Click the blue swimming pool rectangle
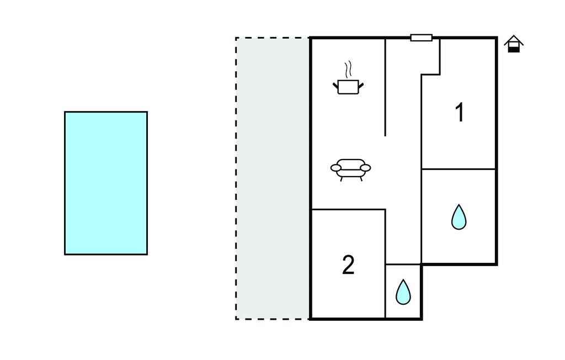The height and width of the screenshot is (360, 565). pyautogui.click(x=106, y=183)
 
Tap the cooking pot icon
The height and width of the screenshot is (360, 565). pyautogui.click(x=348, y=87)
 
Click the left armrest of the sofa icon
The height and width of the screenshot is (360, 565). pyautogui.click(x=335, y=167)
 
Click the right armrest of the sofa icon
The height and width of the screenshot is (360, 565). pyautogui.click(x=365, y=167)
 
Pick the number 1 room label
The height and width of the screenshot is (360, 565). pyautogui.click(x=459, y=113)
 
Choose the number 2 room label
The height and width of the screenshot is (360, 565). pyautogui.click(x=348, y=265)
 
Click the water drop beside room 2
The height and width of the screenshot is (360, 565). pyautogui.click(x=403, y=292)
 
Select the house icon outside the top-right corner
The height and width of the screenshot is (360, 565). pyautogui.click(x=514, y=44)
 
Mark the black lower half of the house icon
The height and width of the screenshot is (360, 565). pyautogui.click(x=514, y=49)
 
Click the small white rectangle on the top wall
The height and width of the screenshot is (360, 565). pyautogui.click(x=421, y=38)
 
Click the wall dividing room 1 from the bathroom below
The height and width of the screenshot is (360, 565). pyautogui.click(x=459, y=169)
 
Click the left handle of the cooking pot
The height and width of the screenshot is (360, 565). pyautogui.click(x=335, y=84)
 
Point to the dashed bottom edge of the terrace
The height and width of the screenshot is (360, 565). pyautogui.click(x=273, y=319)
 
